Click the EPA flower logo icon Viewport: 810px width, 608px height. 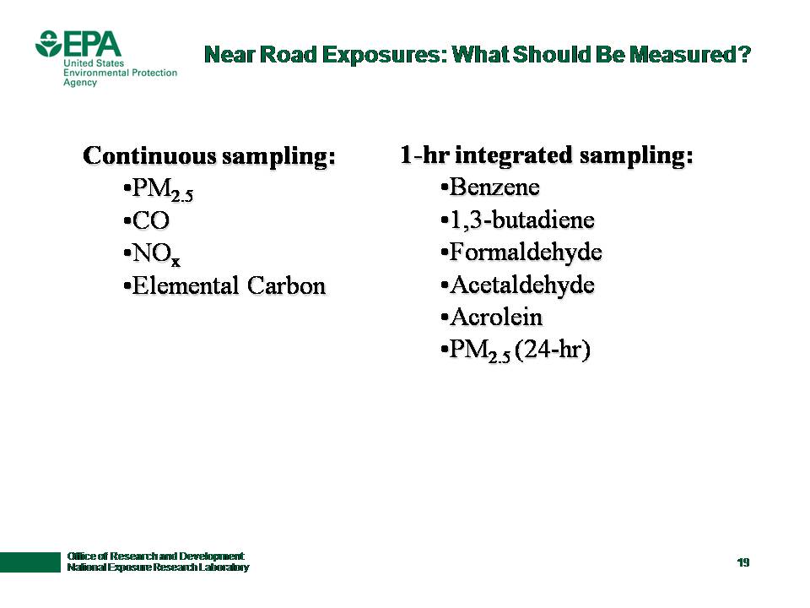tap(49, 43)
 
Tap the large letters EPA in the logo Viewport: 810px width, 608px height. tap(93, 44)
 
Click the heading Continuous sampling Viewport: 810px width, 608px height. tap(209, 155)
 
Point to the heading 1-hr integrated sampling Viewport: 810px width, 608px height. tap(547, 155)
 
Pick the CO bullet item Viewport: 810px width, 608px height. tap(147, 220)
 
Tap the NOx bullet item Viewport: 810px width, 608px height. tap(152, 254)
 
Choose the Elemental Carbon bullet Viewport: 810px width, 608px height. tap(224, 285)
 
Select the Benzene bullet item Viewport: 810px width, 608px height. tap(490, 187)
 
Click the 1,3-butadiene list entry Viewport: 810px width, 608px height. tap(517, 220)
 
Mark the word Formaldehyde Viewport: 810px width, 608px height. tap(526, 252)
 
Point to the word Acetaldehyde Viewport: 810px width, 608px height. tap(522, 285)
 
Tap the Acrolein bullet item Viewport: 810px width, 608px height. tap(492, 317)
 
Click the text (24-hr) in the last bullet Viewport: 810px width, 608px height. tap(553, 350)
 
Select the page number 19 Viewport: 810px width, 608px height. tap(743, 562)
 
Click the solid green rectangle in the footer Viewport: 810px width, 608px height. tap(30, 562)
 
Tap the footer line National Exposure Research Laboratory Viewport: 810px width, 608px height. tap(158, 567)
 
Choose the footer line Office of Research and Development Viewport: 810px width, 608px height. tap(155, 556)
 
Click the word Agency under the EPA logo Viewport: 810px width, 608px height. tap(80, 83)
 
